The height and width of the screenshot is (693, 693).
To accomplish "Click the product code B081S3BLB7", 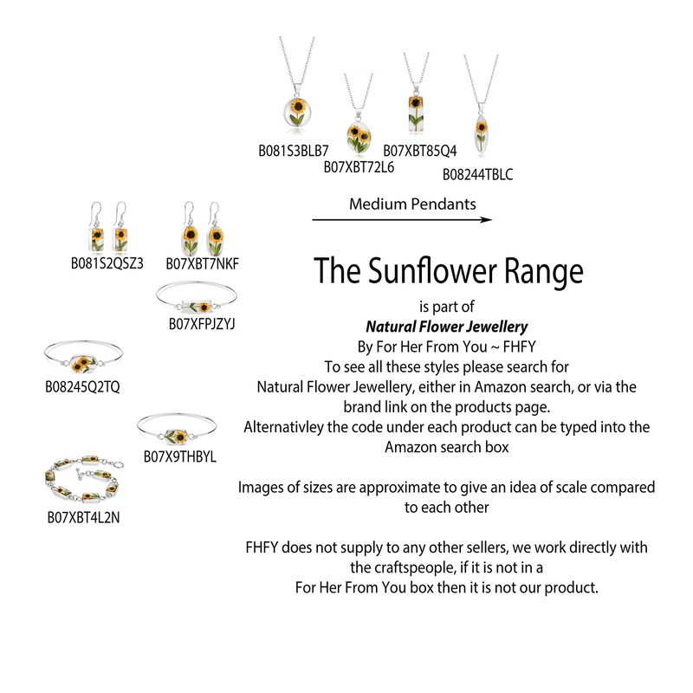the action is (293, 150).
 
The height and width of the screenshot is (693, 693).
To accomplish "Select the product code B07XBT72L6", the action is (359, 166).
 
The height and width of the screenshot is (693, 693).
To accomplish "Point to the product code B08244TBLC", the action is (477, 174).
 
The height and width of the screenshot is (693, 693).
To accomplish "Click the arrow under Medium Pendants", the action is (401, 219).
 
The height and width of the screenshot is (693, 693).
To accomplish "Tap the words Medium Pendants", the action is (411, 204).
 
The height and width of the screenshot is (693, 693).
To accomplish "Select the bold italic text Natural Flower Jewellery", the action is (447, 327).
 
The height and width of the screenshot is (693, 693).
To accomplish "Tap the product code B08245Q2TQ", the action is (83, 385).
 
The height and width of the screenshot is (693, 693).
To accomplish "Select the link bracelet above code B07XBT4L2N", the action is (80, 478).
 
